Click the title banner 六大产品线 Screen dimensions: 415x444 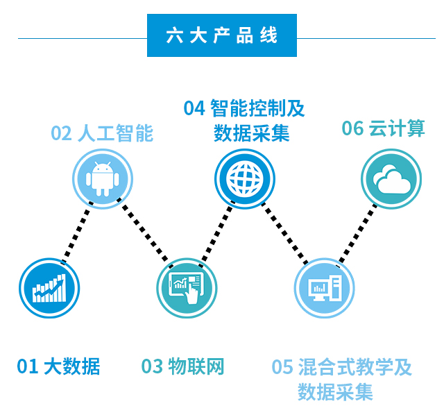[x=221, y=35]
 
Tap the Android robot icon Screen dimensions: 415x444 [x=103, y=179]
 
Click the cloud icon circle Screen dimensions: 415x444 [x=391, y=179]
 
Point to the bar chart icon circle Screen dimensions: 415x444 [x=49, y=287]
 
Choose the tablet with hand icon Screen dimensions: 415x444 [x=186, y=287]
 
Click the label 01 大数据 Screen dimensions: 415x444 [x=58, y=366]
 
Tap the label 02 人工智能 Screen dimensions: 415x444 [x=102, y=133]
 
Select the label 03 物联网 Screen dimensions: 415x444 [x=183, y=366]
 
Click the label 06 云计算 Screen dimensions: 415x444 [x=383, y=128]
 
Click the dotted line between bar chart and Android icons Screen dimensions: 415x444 [x=76, y=233]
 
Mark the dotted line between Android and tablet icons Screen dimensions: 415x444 [x=144, y=233]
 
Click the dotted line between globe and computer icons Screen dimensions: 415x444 [x=284, y=233]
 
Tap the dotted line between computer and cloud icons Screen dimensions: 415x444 [x=358, y=233]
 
